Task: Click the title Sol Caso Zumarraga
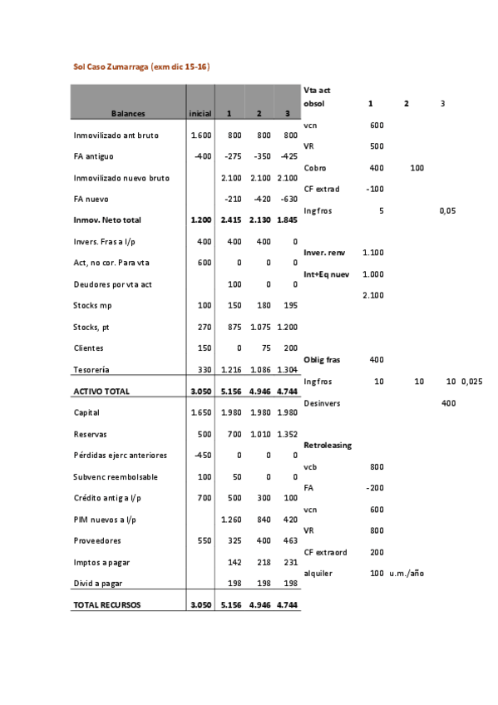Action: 141,66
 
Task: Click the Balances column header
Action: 129,113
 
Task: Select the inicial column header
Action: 200,113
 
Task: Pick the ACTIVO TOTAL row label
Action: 101,391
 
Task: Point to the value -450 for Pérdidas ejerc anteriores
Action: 202,456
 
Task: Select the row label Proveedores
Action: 96,540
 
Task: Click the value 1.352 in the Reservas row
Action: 287,434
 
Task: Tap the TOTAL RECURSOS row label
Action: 107,605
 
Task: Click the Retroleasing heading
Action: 328,445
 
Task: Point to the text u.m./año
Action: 407,573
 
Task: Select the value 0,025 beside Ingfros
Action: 472,381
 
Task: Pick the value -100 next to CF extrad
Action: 375,189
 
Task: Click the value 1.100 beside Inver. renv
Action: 373,252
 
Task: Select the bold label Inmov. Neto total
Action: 107,220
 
